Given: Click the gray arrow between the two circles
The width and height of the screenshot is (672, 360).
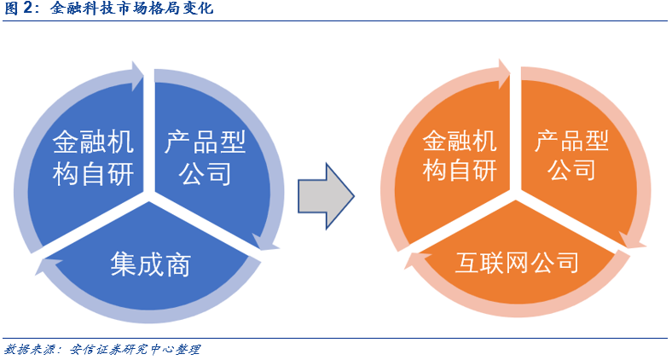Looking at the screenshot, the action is click(326, 196).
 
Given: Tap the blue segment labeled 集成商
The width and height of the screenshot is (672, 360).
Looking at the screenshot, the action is click(150, 261).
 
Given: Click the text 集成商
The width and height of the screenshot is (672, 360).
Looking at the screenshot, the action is click(150, 264).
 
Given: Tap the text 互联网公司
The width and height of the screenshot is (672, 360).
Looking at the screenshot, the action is click(517, 262).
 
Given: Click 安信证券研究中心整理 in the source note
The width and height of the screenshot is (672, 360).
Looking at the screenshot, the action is click(135, 349).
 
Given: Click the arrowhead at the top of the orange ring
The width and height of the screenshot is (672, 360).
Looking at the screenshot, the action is click(504, 74).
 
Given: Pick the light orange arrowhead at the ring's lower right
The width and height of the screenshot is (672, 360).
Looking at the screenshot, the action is click(633, 240).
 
